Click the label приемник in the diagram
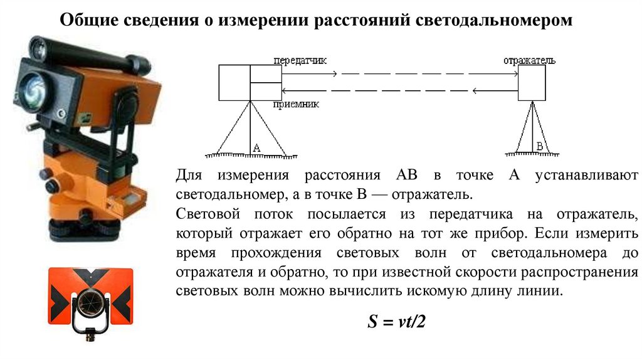(x=296, y=105)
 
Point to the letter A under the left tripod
(x=256, y=148)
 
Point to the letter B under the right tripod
(x=539, y=147)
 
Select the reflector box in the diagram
(x=532, y=82)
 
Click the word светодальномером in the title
(x=494, y=20)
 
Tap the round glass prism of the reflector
(x=91, y=305)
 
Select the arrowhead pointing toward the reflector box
(x=515, y=74)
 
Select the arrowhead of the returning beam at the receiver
(x=284, y=90)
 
